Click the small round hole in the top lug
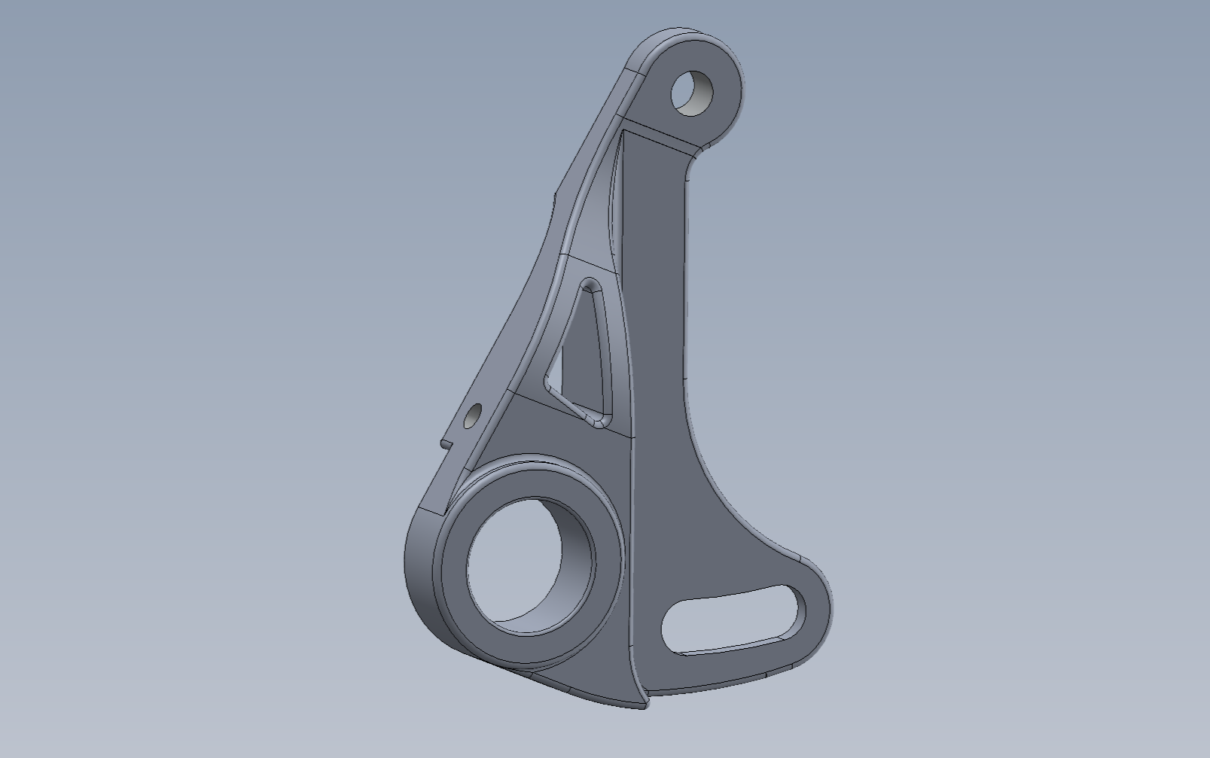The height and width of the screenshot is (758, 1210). click(x=692, y=93)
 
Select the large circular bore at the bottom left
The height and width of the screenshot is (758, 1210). click(x=520, y=565)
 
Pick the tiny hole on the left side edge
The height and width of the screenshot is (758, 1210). click(x=472, y=416)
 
